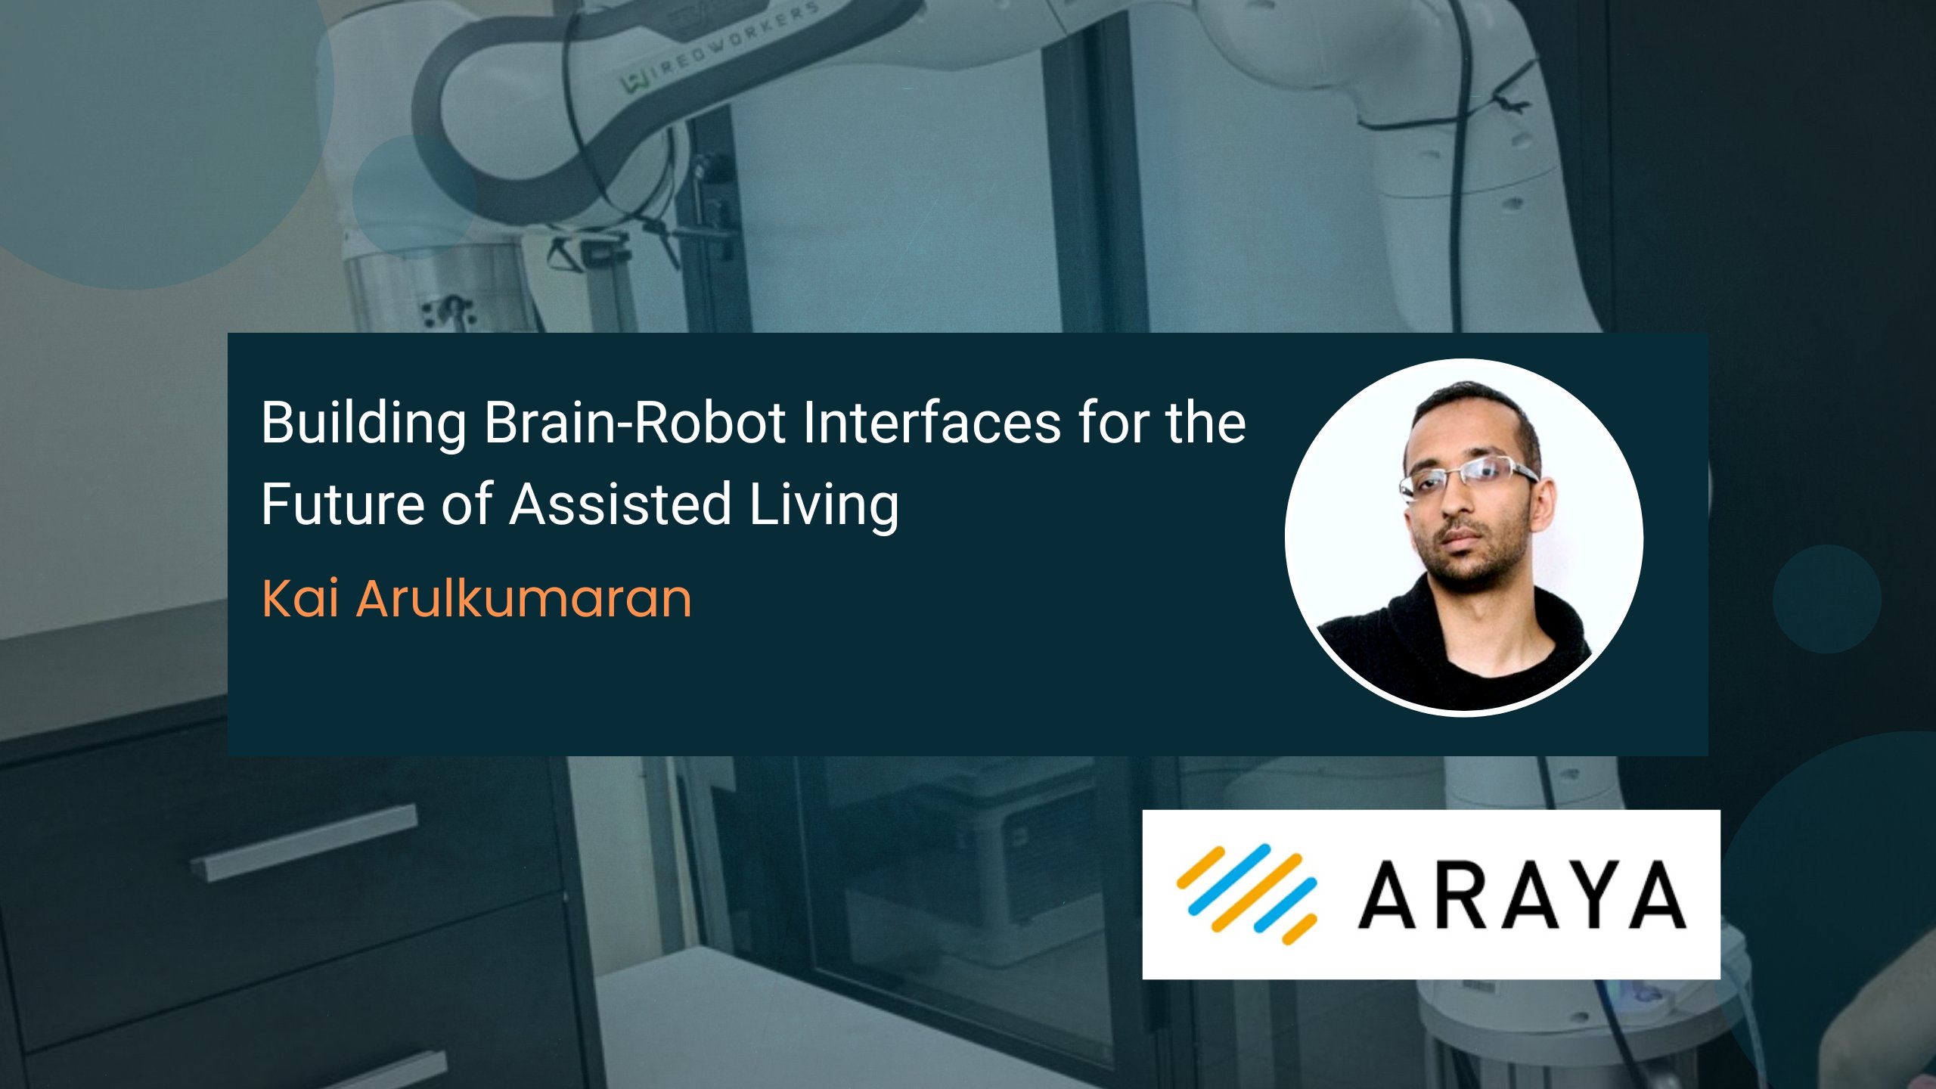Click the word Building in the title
point(364,423)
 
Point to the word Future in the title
point(342,504)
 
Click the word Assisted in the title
point(620,504)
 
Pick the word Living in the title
point(824,505)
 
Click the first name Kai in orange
point(299,599)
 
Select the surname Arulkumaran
point(524,599)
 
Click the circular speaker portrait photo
point(1463,537)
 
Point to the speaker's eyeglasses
point(1467,476)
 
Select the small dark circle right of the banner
point(1826,599)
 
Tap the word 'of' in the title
point(467,504)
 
